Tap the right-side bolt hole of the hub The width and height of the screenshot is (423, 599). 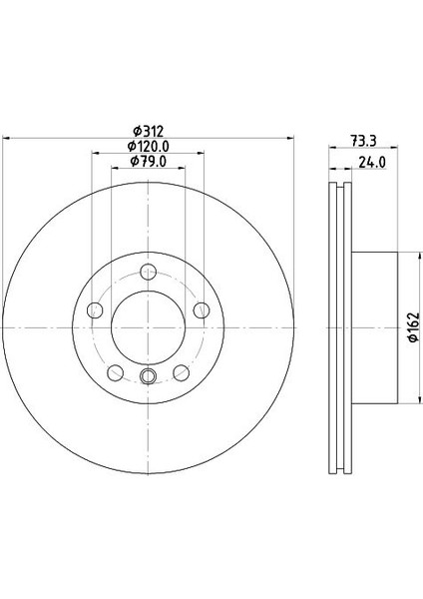pos(201,309)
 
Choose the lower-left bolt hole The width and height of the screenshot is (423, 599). pos(115,371)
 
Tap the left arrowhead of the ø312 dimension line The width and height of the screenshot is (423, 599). pos(8,135)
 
